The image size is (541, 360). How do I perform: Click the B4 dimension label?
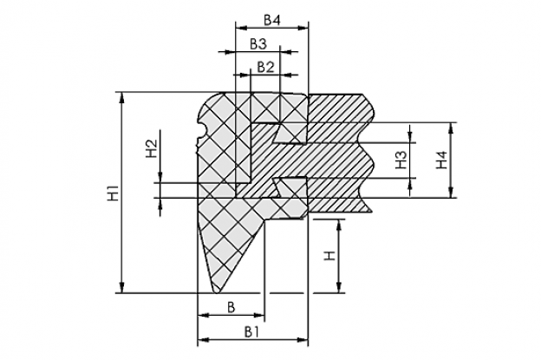272,20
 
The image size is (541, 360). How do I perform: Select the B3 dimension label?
258,44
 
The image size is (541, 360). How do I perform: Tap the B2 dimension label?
265,67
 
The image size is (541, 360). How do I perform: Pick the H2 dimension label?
152,148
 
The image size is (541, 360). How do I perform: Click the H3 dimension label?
401,160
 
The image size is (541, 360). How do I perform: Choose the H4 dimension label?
441,160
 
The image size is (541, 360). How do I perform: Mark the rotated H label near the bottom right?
329,256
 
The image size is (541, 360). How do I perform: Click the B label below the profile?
231,307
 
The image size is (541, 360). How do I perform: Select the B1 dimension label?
251,332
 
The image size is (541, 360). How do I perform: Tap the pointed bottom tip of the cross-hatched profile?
217,292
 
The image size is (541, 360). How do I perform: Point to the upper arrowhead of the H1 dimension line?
121,98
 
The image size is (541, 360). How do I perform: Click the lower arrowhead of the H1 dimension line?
121,287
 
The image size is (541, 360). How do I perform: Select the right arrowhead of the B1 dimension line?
303,340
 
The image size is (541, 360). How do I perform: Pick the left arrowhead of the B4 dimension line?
241,29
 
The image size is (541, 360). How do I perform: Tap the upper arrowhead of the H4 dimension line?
450,128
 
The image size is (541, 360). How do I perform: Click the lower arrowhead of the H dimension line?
339,287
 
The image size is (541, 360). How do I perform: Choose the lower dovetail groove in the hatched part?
290,187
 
